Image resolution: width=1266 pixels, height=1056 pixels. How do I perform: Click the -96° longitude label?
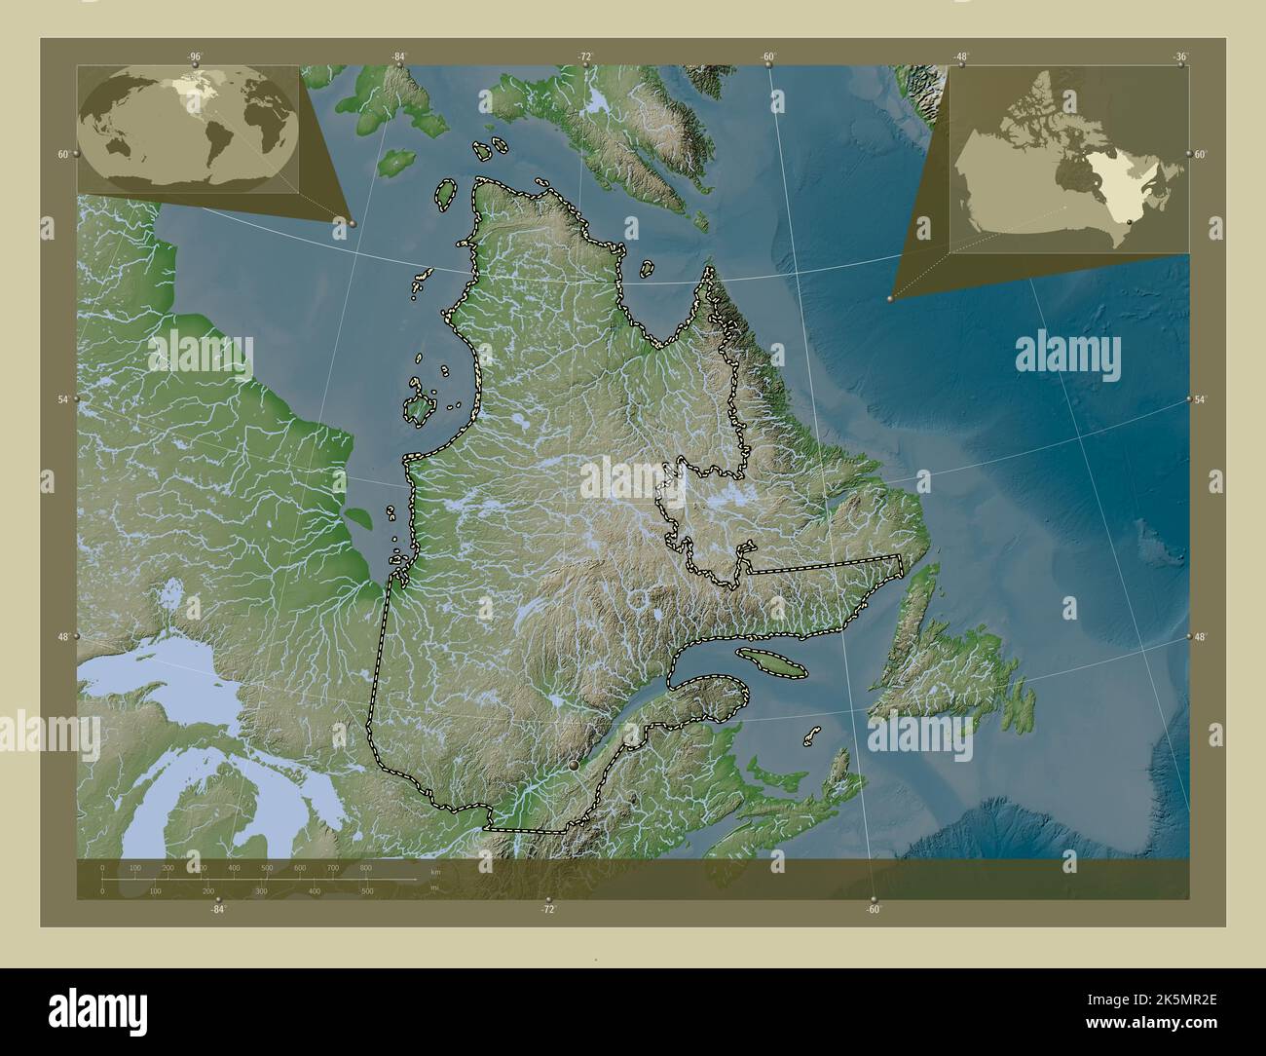click(x=196, y=57)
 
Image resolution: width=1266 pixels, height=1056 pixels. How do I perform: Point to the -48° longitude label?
click(x=961, y=57)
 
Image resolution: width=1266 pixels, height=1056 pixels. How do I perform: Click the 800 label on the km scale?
click(x=365, y=867)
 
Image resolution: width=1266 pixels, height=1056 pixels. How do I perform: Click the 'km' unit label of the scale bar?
click(x=434, y=872)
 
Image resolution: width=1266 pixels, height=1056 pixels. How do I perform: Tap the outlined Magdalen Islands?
click(x=811, y=735)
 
